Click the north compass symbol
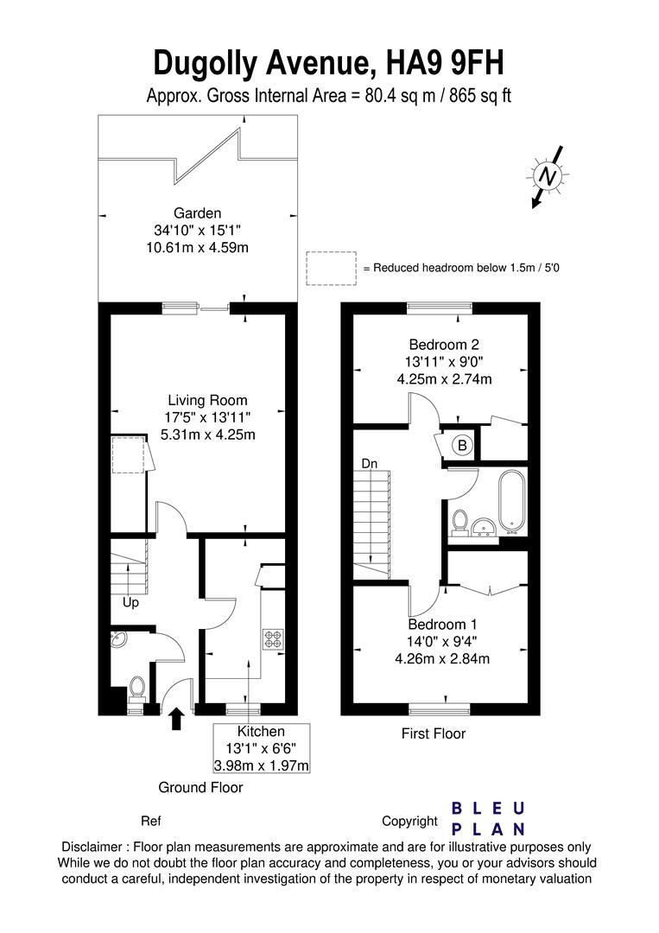546,177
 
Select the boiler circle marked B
462,446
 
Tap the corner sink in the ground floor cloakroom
118,640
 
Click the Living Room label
207,400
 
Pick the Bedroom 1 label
442,624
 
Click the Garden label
198,213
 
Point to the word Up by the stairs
130,603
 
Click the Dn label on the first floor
370,464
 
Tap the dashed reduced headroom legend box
331,267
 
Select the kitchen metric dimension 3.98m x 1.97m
262,765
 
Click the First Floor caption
434,733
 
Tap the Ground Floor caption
200,787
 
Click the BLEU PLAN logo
489,818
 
